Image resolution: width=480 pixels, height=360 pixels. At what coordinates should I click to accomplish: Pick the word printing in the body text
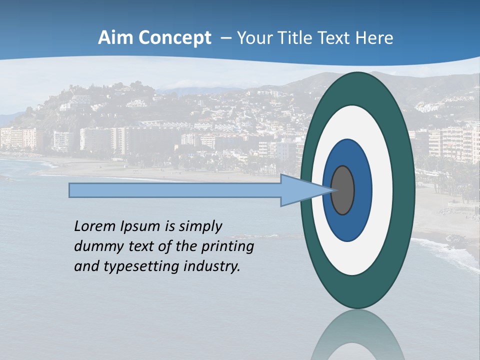tap(230, 247)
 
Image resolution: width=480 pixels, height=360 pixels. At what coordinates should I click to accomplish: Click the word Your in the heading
tap(252, 38)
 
